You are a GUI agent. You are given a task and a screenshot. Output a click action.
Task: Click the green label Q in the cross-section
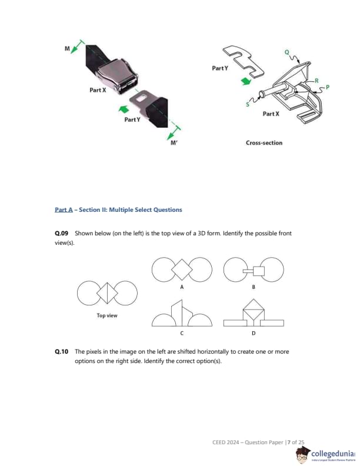tap(287, 52)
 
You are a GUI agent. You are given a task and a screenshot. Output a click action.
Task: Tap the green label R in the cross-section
tap(316, 80)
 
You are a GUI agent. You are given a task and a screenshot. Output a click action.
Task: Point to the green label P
tap(328, 87)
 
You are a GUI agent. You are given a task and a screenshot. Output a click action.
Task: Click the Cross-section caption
tap(264, 143)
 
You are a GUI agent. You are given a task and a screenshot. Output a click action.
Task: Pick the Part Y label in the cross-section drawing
tap(219, 69)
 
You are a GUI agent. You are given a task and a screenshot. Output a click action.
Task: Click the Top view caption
tap(107, 316)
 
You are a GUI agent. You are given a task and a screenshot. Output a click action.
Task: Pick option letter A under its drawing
tap(182, 287)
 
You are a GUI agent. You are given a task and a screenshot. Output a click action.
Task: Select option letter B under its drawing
tap(254, 287)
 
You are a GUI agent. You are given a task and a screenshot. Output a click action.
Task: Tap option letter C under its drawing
tap(182, 334)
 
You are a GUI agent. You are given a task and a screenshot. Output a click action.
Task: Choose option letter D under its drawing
tap(254, 334)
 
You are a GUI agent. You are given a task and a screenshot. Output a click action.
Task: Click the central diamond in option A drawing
tap(182, 270)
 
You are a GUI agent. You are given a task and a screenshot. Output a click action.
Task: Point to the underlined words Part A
tap(63, 209)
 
